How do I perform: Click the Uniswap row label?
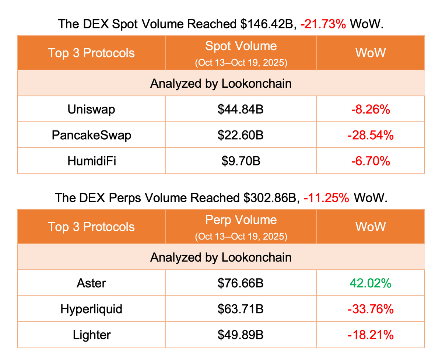(91, 109)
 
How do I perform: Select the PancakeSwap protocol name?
(91, 135)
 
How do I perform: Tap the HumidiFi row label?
(91, 161)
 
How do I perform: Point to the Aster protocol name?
(91, 283)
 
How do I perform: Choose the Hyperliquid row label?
(91, 309)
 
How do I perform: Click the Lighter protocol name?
(91, 335)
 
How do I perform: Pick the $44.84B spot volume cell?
(241, 109)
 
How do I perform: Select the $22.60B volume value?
(241, 135)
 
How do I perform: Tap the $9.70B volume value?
(241, 161)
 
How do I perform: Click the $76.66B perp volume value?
(241, 283)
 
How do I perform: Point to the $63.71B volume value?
(241, 309)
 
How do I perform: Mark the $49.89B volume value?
(241, 335)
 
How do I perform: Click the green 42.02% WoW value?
(370, 283)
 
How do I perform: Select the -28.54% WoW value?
(370, 135)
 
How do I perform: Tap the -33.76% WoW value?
(370, 309)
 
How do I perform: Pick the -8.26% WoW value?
(370, 109)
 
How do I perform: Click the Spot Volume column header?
(241, 46)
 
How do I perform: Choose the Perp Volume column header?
(241, 220)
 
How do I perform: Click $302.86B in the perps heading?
(270, 198)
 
